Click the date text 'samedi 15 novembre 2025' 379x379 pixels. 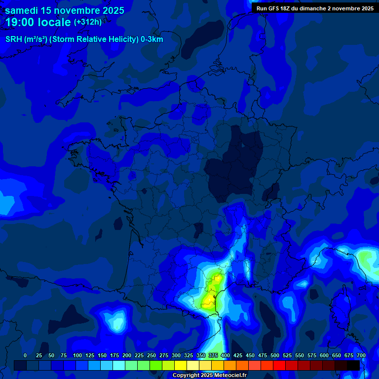[65, 10]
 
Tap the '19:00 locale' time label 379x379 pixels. [38, 22]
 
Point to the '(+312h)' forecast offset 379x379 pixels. [88, 22]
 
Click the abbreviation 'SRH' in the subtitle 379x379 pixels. [13, 39]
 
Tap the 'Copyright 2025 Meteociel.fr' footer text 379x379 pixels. [209, 376]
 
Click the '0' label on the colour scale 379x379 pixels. [25, 356]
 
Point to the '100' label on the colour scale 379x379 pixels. [77, 356]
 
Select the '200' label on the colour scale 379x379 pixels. [127, 356]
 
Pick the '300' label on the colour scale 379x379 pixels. [176, 356]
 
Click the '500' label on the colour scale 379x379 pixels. [275, 356]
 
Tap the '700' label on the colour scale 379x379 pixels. [361, 356]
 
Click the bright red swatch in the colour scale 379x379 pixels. [279, 365]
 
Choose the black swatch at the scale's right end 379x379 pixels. [353, 365]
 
